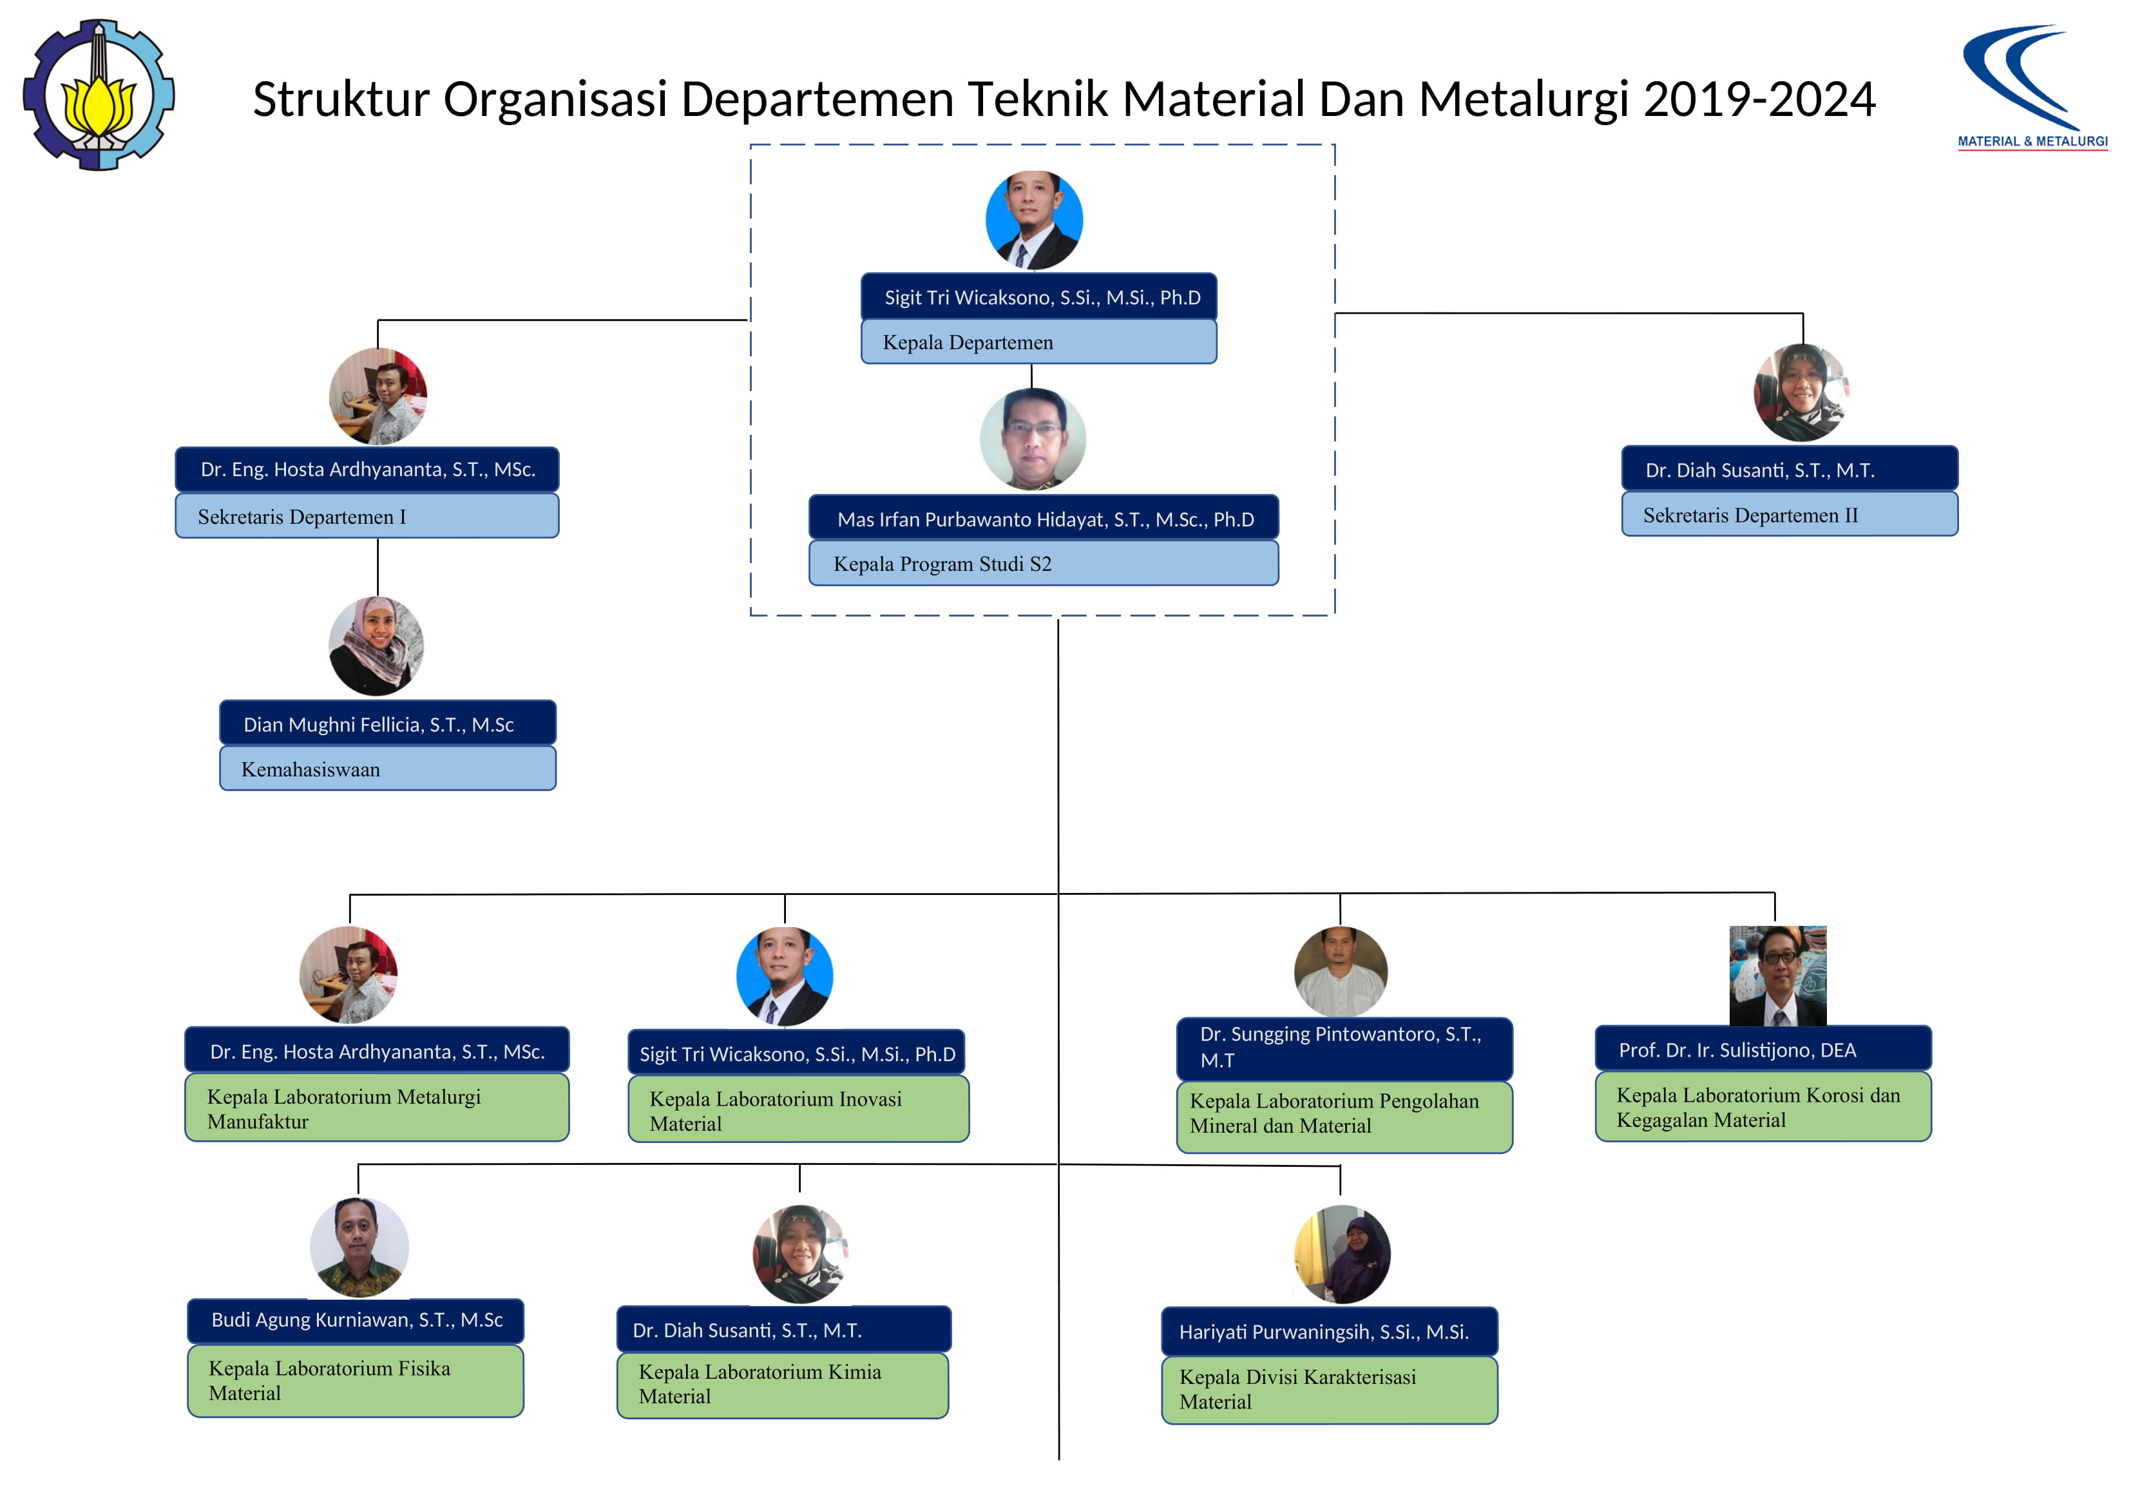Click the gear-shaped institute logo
(x=99, y=95)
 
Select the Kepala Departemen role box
(x=1038, y=341)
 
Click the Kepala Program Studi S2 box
(x=1043, y=564)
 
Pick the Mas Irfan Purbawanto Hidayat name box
(x=1043, y=518)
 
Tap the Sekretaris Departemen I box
(x=367, y=515)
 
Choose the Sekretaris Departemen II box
(x=1790, y=514)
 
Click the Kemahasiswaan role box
(x=388, y=769)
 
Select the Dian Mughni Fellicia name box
(x=388, y=724)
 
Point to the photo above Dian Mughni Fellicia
(x=376, y=646)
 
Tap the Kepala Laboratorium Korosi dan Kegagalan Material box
(x=1763, y=1107)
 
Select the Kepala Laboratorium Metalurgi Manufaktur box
(x=377, y=1108)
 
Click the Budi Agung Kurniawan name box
(x=356, y=1320)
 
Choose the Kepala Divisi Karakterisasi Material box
(x=1329, y=1390)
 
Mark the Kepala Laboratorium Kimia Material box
(x=783, y=1385)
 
